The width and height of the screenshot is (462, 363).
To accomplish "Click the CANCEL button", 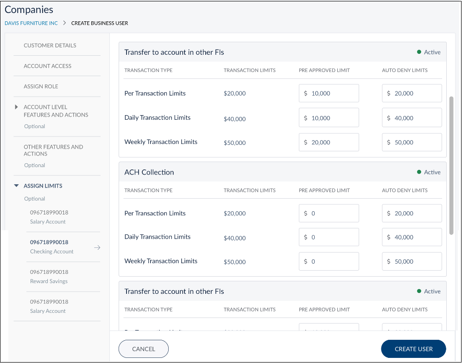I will click(x=144, y=349).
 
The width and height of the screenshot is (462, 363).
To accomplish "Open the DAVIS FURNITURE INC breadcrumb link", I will click(x=31, y=23).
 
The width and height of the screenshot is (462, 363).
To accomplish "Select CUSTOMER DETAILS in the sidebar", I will click(x=50, y=45).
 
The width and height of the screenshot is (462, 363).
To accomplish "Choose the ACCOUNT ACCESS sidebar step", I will click(x=48, y=66).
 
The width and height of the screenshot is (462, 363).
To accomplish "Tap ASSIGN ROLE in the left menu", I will click(x=41, y=86).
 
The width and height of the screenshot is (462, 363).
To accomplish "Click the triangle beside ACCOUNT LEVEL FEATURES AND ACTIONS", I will click(x=17, y=107).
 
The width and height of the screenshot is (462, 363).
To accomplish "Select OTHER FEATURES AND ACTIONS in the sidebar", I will click(x=53, y=150).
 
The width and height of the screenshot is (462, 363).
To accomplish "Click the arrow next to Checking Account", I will click(x=97, y=247).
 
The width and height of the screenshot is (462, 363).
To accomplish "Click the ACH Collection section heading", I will click(x=149, y=172).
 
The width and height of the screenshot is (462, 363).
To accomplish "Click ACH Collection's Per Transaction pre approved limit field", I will click(x=329, y=214).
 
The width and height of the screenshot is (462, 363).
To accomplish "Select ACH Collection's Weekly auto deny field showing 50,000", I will click(x=412, y=261).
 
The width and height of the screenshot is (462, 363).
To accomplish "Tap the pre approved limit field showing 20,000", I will click(x=329, y=143).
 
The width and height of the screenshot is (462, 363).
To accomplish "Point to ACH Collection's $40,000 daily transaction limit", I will click(x=234, y=238).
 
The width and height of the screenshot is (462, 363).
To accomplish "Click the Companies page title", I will click(x=29, y=10).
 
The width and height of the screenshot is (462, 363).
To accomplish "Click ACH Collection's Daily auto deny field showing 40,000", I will click(x=412, y=237).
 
